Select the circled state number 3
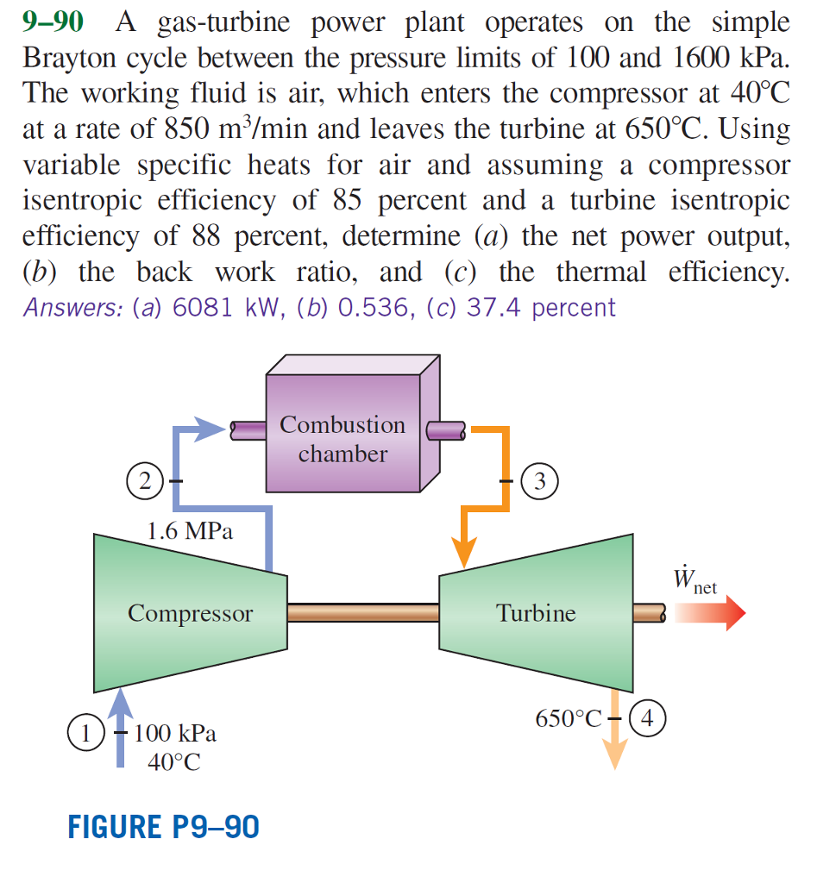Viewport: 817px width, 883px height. (543, 479)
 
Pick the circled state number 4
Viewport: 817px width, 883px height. (648, 717)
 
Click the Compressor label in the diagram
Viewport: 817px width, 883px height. (191, 613)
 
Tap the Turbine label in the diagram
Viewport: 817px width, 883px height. (536, 613)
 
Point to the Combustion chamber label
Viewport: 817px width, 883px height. (343, 439)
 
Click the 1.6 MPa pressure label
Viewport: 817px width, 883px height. (190, 531)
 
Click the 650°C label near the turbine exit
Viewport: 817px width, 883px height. (567, 717)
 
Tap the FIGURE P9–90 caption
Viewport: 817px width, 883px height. (163, 827)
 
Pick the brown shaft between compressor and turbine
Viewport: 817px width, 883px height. (363, 613)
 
